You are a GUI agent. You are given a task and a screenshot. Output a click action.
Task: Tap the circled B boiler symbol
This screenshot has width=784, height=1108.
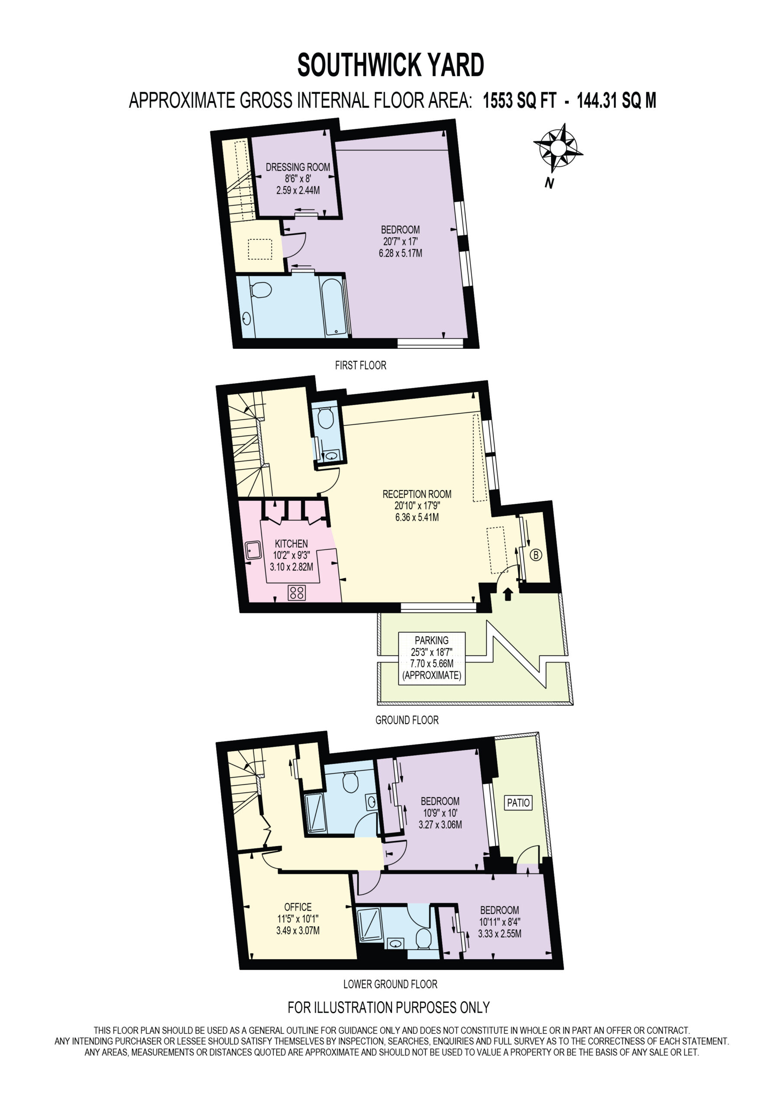point(536,555)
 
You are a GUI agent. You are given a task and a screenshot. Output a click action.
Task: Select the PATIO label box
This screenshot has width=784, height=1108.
point(518,802)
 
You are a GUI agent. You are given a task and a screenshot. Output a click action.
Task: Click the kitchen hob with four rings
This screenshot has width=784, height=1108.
point(297,593)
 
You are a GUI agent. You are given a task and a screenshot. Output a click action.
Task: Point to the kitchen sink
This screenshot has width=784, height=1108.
point(253,550)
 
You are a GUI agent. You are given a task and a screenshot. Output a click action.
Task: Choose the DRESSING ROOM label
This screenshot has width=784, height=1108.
point(298,167)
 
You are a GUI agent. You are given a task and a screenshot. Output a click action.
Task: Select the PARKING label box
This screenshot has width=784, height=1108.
point(432,658)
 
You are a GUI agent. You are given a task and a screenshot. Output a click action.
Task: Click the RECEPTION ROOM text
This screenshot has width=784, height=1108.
point(417,494)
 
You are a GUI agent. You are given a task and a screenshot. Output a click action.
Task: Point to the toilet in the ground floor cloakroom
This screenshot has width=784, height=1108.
point(326,418)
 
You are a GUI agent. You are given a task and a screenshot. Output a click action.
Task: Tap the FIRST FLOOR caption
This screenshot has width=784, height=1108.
point(361,365)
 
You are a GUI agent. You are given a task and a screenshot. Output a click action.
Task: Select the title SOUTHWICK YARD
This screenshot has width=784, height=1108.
point(391,65)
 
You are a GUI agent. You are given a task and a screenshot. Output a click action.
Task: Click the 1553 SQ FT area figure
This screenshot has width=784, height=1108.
point(520,100)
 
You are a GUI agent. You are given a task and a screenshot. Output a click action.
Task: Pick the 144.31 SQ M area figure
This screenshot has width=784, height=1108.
point(616,100)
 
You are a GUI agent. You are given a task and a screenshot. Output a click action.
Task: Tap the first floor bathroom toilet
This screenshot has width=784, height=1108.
point(261,290)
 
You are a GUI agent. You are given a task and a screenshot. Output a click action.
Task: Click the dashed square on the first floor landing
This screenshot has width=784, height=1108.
point(260,249)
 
